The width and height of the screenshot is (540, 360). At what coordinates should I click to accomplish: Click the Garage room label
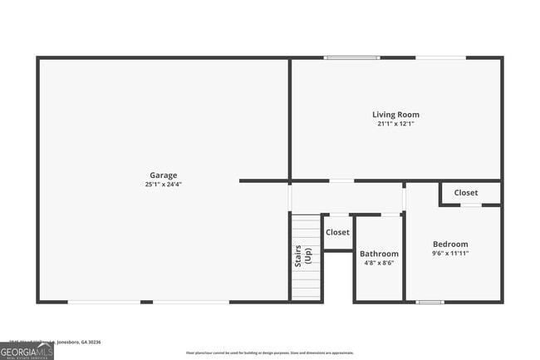pyautogui.click(x=163, y=175)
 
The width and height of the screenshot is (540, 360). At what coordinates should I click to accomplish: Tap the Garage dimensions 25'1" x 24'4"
pyautogui.click(x=163, y=185)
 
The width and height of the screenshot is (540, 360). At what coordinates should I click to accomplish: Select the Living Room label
pyautogui.click(x=395, y=115)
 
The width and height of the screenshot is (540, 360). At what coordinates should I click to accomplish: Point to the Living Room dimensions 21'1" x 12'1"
pyautogui.click(x=395, y=124)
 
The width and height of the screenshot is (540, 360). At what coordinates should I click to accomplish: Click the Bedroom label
pyautogui.click(x=450, y=244)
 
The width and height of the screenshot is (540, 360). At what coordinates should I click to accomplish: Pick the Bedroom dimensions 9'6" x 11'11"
pyautogui.click(x=450, y=254)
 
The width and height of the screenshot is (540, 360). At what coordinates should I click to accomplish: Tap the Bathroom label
pyautogui.click(x=379, y=254)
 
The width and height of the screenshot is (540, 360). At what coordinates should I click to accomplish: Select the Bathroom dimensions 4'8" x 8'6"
pyautogui.click(x=379, y=263)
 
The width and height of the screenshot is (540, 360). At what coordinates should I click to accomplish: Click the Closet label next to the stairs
pyautogui.click(x=337, y=233)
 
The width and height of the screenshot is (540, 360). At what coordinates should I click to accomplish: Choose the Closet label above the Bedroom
pyautogui.click(x=466, y=193)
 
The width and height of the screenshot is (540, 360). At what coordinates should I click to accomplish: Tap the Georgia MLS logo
pyautogui.click(x=26, y=352)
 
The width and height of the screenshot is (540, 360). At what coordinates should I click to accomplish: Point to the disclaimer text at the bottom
pyautogui.click(x=269, y=353)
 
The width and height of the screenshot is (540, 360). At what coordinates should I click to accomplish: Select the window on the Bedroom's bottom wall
pyautogui.click(x=430, y=302)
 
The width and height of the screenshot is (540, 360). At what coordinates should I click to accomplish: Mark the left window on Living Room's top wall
pyautogui.click(x=346, y=57)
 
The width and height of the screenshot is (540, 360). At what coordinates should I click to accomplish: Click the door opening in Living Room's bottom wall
pyautogui.click(x=341, y=180)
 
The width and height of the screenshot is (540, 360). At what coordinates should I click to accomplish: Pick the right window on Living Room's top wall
pyautogui.click(x=440, y=57)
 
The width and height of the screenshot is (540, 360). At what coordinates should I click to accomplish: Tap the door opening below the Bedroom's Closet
pyautogui.click(x=471, y=205)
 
